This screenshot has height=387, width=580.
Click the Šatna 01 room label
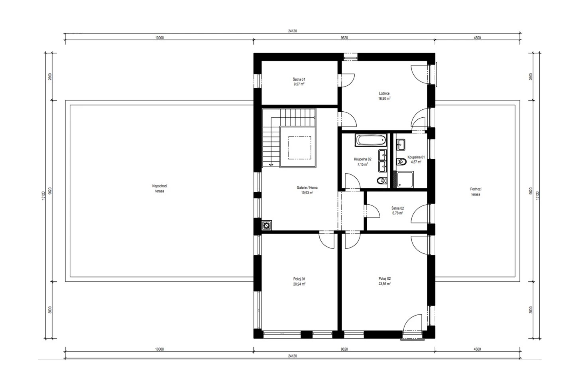[x=299, y=79]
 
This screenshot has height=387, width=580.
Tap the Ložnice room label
[x=384, y=93]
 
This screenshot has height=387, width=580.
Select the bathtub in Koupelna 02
[x=371, y=140]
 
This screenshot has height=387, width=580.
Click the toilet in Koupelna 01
[x=401, y=162]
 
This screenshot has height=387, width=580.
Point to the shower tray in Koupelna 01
[x=405, y=180]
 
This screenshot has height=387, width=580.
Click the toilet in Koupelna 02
[x=381, y=180]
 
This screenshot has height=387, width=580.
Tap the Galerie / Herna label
[x=307, y=188]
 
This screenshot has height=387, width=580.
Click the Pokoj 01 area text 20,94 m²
[x=299, y=284]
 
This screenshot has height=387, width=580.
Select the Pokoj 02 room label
[x=385, y=278]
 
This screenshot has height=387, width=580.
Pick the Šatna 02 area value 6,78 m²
[x=397, y=213]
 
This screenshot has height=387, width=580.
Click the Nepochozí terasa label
[x=159, y=188]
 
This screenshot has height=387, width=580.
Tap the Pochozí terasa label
[x=476, y=192]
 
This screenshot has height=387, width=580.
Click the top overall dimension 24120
[x=292, y=31]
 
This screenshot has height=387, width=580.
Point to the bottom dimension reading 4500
[x=477, y=349]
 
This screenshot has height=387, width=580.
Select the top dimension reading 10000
[x=159, y=38]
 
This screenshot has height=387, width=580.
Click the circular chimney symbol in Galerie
[x=266, y=225]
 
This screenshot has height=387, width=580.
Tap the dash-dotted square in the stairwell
[x=299, y=148]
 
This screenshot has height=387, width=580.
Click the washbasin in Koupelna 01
[x=401, y=145]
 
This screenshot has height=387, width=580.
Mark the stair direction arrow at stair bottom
[x=271, y=165]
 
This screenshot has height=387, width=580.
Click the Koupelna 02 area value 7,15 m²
[x=362, y=164]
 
